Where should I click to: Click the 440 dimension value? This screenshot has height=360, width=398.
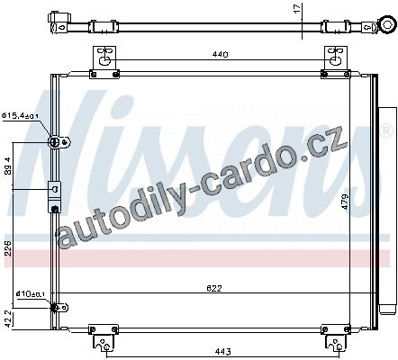[x=221, y=54]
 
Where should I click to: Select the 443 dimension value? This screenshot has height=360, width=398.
[x=222, y=351]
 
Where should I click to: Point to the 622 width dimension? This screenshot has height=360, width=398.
[x=214, y=288]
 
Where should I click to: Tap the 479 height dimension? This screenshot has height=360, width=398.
[x=345, y=202]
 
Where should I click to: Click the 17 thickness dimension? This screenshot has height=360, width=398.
[x=297, y=8]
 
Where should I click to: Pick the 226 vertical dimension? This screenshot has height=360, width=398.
[x=8, y=247]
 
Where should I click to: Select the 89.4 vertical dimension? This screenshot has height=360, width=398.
[x=8, y=166]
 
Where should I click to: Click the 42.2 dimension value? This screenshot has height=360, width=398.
[x=8, y=319]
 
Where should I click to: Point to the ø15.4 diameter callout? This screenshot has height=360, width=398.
[x=21, y=115]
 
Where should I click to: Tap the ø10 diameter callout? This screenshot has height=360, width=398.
[x=30, y=293]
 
